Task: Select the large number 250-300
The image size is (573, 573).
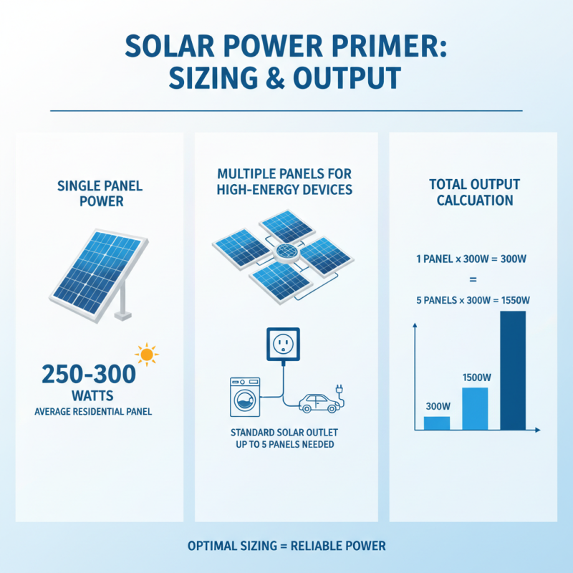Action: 89,375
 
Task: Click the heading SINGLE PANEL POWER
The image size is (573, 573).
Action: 100,193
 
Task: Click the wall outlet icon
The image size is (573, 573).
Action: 286,345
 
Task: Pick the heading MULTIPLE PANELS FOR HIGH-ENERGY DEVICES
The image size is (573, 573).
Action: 286,182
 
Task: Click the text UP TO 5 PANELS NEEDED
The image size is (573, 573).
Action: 286,445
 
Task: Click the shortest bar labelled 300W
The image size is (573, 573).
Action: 437,423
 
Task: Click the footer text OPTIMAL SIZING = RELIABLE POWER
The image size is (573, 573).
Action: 286,546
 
